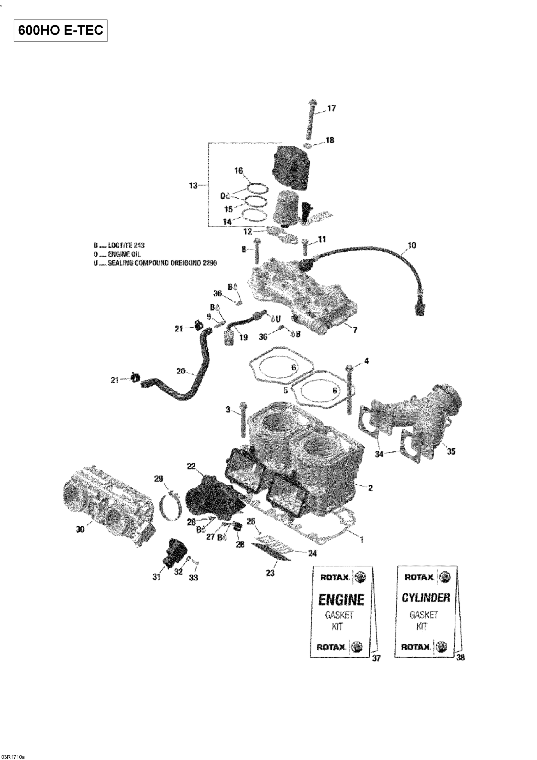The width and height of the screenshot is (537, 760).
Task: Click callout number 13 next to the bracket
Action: coord(193,186)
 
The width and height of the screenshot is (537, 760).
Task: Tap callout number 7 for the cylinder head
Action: coord(355,330)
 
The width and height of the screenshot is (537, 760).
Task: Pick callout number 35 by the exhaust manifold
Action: coord(451,451)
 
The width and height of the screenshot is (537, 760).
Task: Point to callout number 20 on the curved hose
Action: coord(181,371)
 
